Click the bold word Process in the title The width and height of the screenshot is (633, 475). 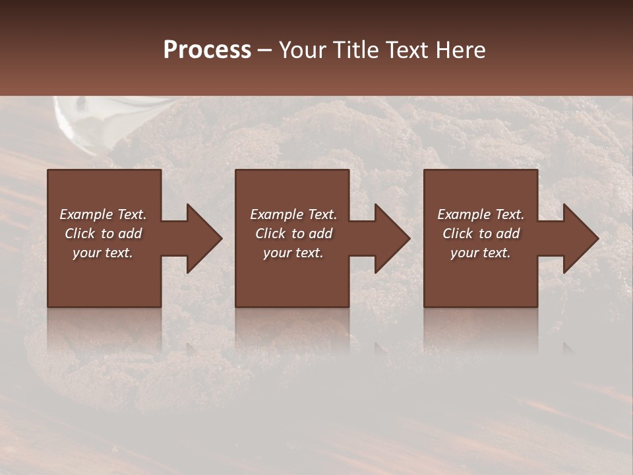tap(207, 49)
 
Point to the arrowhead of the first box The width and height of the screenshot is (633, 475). tap(201, 238)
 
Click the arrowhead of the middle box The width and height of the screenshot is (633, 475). tap(390, 238)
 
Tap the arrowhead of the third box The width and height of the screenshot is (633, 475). tap(578, 238)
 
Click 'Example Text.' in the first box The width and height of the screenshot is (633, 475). tap(103, 214)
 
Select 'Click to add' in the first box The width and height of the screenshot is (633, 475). tap(103, 234)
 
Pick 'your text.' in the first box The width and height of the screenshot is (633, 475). tap(103, 253)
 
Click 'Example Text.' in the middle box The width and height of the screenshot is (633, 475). tap(293, 214)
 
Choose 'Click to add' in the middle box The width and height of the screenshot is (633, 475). tap(293, 234)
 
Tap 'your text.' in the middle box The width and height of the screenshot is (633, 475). tap(293, 253)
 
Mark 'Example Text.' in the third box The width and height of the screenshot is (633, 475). tap(480, 214)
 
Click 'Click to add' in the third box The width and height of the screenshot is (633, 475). tap(480, 234)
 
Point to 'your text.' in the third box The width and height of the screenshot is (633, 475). tap(480, 253)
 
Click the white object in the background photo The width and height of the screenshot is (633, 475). tap(76, 115)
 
